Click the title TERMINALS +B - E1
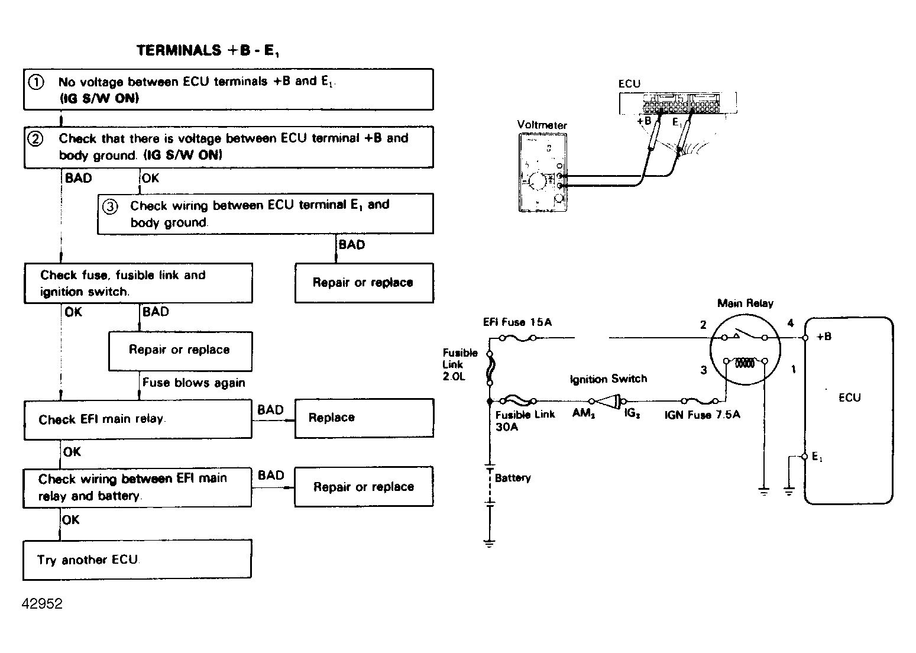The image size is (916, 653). pyautogui.click(x=208, y=51)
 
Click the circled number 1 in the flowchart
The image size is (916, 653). pyautogui.click(x=36, y=82)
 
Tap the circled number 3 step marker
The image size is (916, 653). pyautogui.click(x=110, y=206)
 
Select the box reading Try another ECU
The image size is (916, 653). pyautogui.click(x=137, y=560)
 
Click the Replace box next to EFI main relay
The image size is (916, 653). pyautogui.click(x=364, y=418)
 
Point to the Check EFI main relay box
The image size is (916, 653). pyautogui.click(x=138, y=419)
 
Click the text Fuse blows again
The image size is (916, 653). pyautogui.click(x=193, y=383)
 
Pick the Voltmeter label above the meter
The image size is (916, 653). pyautogui.click(x=542, y=125)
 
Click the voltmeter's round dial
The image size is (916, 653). pyautogui.click(x=538, y=181)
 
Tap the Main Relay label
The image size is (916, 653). pyautogui.click(x=745, y=303)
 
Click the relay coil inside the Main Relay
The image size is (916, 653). pyautogui.click(x=745, y=363)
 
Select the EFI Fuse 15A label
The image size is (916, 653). pyautogui.click(x=517, y=322)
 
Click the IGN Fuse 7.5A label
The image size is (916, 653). pyautogui.click(x=702, y=415)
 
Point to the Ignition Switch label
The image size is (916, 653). pyautogui.click(x=608, y=379)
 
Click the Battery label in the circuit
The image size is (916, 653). pyautogui.click(x=513, y=478)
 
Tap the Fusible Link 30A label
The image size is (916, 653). pyautogui.click(x=525, y=421)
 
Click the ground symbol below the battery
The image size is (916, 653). pyautogui.click(x=490, y=543)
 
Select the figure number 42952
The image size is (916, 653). pyautogui.click(x=42, y=604)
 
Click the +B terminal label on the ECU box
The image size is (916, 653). pyautogui.click(x=824, y=337)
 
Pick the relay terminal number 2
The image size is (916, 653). pyautogui.click(x=703, y=325)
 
